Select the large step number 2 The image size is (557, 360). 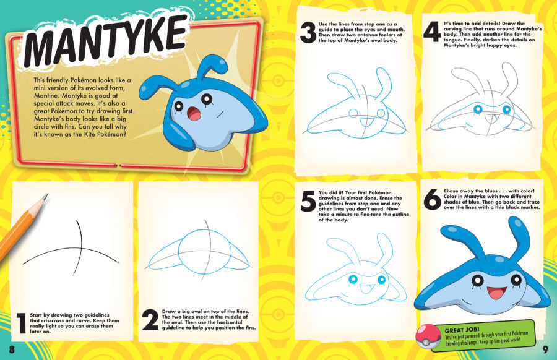tap(150, 320)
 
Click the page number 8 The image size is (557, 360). tap(11, 349)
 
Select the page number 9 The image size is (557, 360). tap(545, 349)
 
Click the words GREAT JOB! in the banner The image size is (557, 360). tap(460, 330)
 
